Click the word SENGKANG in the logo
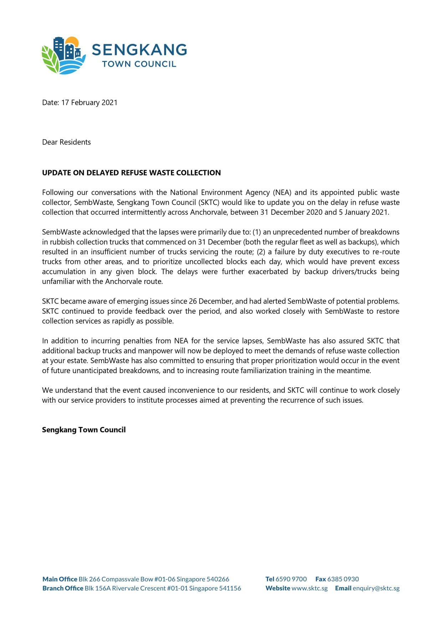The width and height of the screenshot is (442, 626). [x=139, y=50]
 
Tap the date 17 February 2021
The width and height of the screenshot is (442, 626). [x=89, y=103]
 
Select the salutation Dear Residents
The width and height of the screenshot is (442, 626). [x=66, y=142]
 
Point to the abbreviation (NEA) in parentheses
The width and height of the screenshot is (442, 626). [x=282, y=193]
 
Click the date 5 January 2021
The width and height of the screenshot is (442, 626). [x=363, y=213]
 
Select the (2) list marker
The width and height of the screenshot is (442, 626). [x=261, y=252]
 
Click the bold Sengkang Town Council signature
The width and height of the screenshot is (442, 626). [x=84, y=430]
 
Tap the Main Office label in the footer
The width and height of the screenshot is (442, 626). [x=60, y=579]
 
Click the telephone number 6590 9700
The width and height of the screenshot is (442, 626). [x=291, y=579]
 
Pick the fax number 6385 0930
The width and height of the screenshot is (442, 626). [x=343, y=579]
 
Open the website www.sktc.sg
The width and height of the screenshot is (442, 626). [x=309, y=589]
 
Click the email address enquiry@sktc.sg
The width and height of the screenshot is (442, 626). [x=376, y=589]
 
